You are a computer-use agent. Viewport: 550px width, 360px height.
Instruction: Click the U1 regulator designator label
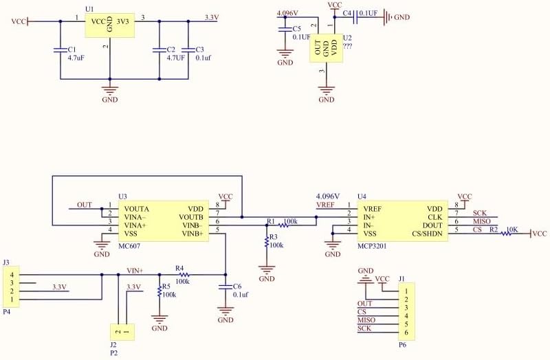click(89, 9)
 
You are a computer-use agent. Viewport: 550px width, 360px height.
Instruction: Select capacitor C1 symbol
click(60, 49)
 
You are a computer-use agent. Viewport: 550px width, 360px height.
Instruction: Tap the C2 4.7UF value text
click(175, 58)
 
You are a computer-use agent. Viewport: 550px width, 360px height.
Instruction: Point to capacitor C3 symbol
click(188, 49)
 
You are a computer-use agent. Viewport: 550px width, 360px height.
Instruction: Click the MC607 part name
click(129, 246)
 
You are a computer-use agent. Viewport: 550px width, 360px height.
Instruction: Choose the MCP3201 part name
click(372, 246)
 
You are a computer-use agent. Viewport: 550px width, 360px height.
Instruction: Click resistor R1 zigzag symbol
click(284, 225)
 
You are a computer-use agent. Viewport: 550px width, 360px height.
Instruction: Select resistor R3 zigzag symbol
click(267, 241)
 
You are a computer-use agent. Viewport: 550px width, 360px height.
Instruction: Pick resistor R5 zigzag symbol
click(159, 291)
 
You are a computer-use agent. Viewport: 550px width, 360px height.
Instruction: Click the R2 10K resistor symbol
click(506, 234)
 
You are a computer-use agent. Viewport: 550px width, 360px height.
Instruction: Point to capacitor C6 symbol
click(225, 286)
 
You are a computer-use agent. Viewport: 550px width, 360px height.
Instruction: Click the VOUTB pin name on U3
click(191, 217)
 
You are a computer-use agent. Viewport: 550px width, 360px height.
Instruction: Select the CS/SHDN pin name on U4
click(427, 234)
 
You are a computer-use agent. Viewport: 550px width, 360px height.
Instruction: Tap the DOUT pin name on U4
click(432, 225)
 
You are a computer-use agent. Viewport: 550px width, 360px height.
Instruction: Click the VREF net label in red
click(325, 205)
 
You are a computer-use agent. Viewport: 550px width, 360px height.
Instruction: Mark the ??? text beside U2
click(348, 46)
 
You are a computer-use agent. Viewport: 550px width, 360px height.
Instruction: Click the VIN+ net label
click(135, 270)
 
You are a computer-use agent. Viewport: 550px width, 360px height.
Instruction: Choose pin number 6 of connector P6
click(406, 333)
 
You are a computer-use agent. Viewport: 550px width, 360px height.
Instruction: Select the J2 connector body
click(122, 332)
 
